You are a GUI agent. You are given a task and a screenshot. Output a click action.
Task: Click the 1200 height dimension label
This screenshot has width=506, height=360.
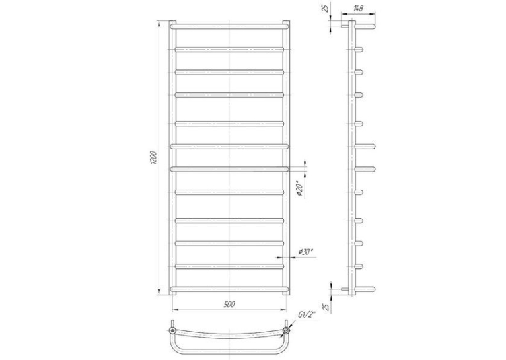(153, 158)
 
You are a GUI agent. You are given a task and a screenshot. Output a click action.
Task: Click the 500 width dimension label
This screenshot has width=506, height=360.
(229, 305)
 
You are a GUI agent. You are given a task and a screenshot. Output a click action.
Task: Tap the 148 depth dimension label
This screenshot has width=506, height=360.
(357, 9)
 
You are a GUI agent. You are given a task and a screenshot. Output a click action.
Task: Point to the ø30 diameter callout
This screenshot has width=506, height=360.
(307, 252)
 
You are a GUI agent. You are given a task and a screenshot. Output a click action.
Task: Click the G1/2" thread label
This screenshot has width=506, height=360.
(307, 315)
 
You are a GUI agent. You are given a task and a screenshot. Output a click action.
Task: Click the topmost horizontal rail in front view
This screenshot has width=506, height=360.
(229, 26)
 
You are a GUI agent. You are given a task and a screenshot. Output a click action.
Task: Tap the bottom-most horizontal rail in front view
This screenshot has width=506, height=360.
(229, 289)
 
